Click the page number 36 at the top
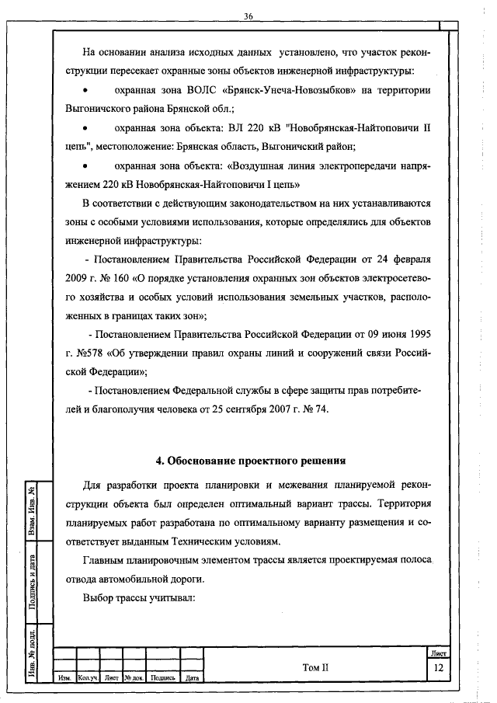click(248, 16)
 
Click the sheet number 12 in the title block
click(438, 668)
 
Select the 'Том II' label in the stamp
click(315, 667)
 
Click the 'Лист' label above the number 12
click(439, 655)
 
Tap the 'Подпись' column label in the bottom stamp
click(163, 678)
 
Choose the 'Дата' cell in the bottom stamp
click(193, 678)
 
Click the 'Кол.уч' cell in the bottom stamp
click(86, 678)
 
